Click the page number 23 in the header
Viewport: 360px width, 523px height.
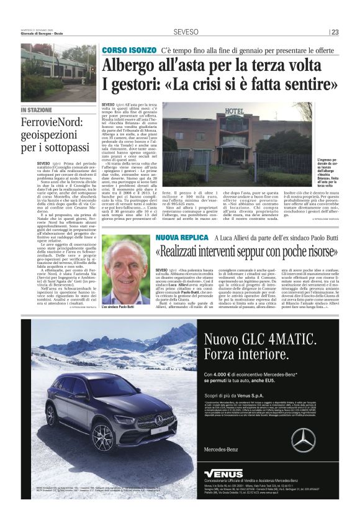[x=335, y=32]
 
